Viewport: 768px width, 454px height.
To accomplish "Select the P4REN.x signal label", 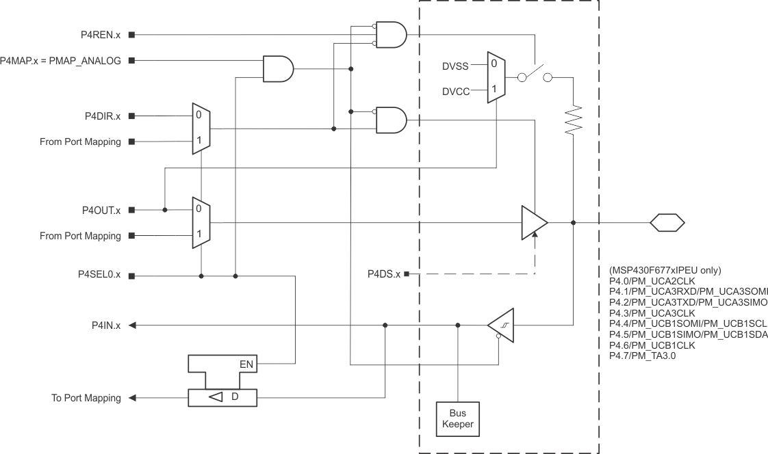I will pyautogui.click(x=99, y=34).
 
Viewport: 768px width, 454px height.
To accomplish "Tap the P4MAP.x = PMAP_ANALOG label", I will pyautogui.click(x=61, y=60).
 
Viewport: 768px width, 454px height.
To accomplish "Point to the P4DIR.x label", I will pyautogui.click(x=100, y=116).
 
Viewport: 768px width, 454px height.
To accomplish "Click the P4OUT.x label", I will pyautogui.click(x=99, y=210).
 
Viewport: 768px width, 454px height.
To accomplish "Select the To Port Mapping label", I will pyautogui.click(x=86, y=398).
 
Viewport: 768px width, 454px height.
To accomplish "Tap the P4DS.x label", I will pyautogui.click(x=384, y=274).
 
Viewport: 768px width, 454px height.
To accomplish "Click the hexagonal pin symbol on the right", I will pyautogui.click(x=666, y=222).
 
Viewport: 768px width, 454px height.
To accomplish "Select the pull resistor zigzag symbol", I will pyautogui.click(x=574, y=120).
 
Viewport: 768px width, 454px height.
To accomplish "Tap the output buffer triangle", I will pyautogui.click(x=533, y=222).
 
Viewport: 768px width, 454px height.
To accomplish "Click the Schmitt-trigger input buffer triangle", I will pyautogui.click(x=501, y=326).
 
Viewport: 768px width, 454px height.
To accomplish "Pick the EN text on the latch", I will pyautogui.click(x=246, y=364).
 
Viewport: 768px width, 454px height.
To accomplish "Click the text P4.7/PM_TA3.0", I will pyautogui.click(x=642, y=356).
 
